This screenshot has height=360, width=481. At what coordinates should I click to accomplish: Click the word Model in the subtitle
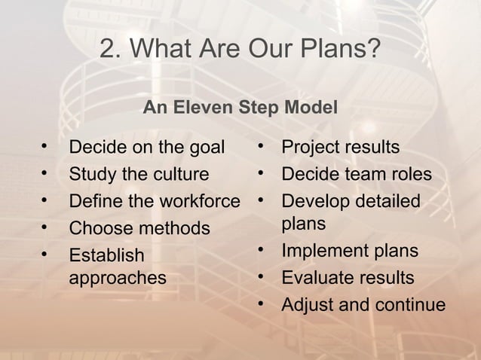click(310, 108)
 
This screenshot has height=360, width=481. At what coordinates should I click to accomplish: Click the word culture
click(181, 175)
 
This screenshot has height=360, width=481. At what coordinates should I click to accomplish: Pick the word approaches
click(117, 278)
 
